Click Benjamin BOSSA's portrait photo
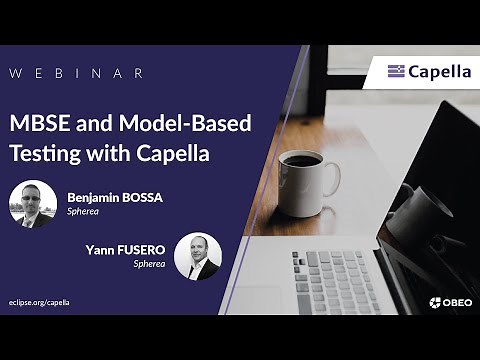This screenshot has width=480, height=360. tap(33, 204)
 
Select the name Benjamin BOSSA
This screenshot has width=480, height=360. tap(115, 197)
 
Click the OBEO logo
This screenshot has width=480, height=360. tap(450, 302)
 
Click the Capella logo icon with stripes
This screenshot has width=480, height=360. tap(396, 71)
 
